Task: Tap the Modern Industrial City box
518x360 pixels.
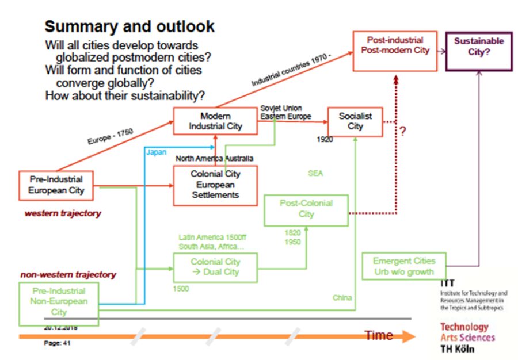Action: click(x=216, y=121)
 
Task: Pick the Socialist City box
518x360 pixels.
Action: click(x=355, y=121)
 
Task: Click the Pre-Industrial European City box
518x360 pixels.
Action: click(x=56, y=185)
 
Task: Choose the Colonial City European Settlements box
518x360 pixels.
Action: click(x=215, y=185)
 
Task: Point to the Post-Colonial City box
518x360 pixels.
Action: click(x=306, y=209)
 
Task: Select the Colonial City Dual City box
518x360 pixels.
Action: click(x=215, y=267)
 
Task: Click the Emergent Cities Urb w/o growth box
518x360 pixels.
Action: click(x=403, y=266)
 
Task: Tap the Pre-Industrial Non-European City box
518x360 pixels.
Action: click(x=59, y=301)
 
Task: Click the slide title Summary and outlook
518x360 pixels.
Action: click(x=129, y=26)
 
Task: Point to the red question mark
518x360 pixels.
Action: click(x=403, y=131)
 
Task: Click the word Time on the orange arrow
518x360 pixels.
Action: click(x=378, y=335)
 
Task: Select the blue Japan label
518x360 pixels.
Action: click(x=156, y=152)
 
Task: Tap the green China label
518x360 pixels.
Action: click(x=342, y=298)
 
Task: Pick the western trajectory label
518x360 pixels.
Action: click(x=62, y=213)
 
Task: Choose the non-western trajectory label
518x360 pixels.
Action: click(x=68, y=275)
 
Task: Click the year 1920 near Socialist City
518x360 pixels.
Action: click(x=325, y=139)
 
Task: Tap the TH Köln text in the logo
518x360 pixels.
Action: click(x=458, y=348)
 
